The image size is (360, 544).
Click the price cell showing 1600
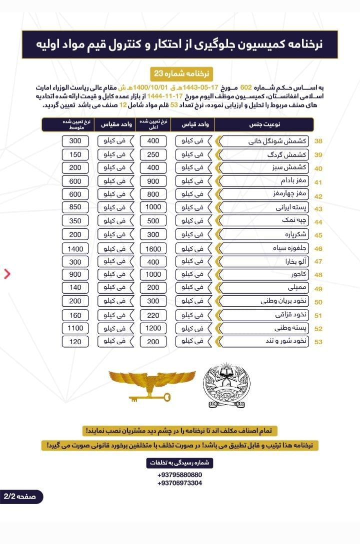[153, 248]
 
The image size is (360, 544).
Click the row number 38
[318, 141]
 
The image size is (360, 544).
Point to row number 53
[318, 342]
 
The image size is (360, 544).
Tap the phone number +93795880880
[179, 475]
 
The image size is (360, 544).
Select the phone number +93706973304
[179, 483]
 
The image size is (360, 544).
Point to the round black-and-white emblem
[226, 386]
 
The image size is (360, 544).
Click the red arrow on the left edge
[7, 273]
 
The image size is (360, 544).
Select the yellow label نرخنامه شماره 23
[180, 73]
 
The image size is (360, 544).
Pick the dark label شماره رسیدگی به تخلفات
[179, 463]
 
